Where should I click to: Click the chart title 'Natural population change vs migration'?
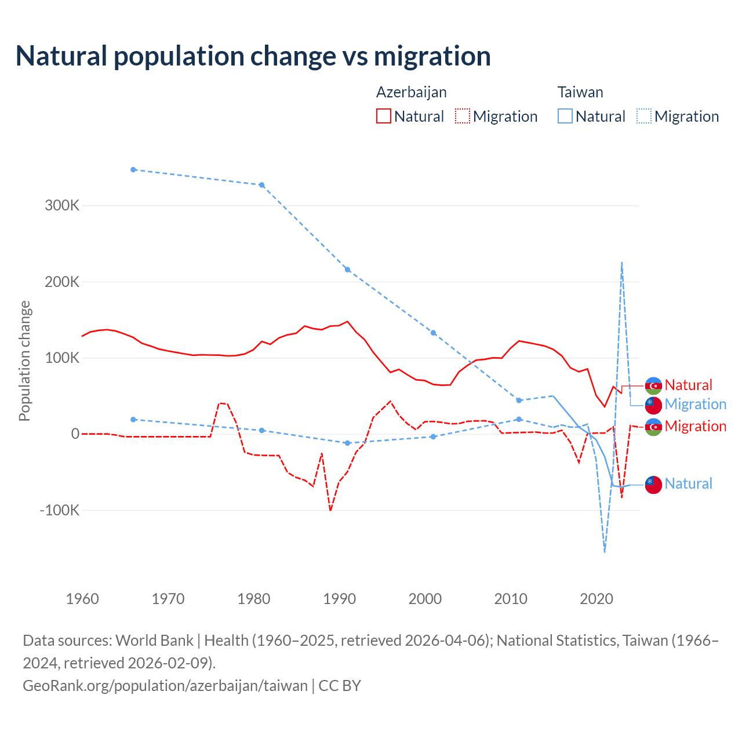(253, 56)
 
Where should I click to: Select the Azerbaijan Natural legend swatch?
(384, 116)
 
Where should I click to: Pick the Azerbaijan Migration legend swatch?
(463, 116)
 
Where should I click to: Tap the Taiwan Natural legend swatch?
(565, 116)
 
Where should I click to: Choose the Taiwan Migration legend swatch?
(644, 116)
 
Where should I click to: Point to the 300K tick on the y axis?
(61, 205)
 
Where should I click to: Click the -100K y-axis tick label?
(59, 510)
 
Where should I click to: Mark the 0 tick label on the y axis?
(75, 434)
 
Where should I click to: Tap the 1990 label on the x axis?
(340, 598)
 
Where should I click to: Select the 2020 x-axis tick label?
(596, 598)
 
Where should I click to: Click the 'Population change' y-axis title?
(24, 361)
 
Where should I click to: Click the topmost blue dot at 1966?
(133, 170)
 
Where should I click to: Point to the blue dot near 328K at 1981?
(262, 185)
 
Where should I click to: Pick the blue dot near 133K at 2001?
(433, 333)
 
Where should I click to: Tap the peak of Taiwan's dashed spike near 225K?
(621, 263)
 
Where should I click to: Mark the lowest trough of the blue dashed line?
(605, 551)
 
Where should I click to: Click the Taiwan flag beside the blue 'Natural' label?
(653, 485)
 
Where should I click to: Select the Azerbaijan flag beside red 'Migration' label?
(653, 427)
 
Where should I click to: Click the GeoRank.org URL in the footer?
(165, 685)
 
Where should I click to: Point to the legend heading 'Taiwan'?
(580, 92)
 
